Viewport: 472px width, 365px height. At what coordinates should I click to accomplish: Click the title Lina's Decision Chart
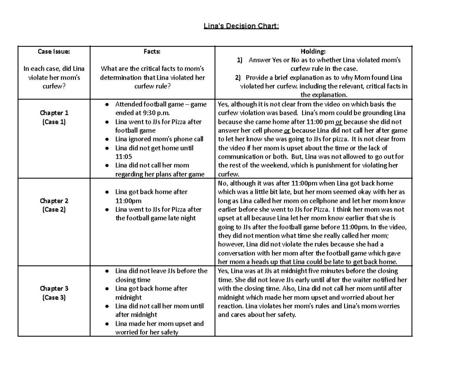point(241,26)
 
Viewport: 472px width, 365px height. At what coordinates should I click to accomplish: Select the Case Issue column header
point(54,51)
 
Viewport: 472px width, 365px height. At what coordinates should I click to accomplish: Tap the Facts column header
point(152,51)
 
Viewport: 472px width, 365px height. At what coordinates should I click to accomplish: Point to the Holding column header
point(313,51)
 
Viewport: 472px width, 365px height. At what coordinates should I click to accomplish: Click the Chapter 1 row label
point(54,113)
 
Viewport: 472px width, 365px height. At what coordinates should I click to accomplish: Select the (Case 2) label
point(54,209)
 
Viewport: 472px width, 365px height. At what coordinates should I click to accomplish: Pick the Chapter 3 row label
point(54,289)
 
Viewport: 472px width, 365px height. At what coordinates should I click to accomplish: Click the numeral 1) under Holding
point(240,60)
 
